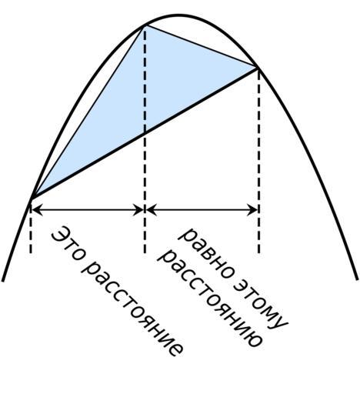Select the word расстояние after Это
point(133,309)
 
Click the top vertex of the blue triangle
point(145,25)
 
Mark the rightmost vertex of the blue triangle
point(257,68)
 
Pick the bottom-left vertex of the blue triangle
point(32,199)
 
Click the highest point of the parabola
point(179,15)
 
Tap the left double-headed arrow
point(88,210)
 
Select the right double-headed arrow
point(202,210)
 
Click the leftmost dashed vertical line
point(31,229)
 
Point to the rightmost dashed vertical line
point(258,161)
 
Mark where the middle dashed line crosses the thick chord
point(145,133)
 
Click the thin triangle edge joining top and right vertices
point(202,46)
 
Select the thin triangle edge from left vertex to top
point(88,112)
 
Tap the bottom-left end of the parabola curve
point(2,281)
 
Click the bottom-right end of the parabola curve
point(357,279)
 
